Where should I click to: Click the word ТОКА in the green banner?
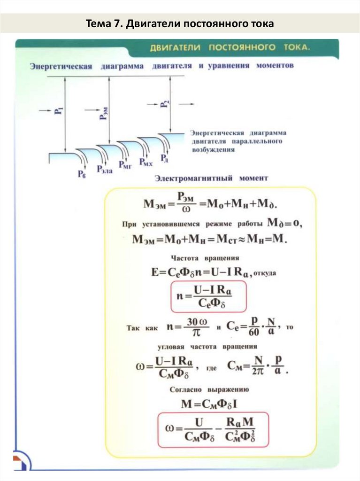pyautogui.click(x=296, y=48)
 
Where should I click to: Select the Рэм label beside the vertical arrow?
pyautogui.click(x=103, y=113)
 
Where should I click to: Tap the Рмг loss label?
pyautogui.click(x=125, y=165)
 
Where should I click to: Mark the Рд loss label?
pyautogui.click(x=164, y=159)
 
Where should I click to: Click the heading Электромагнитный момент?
pyautogui.click(x=212, y=178)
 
